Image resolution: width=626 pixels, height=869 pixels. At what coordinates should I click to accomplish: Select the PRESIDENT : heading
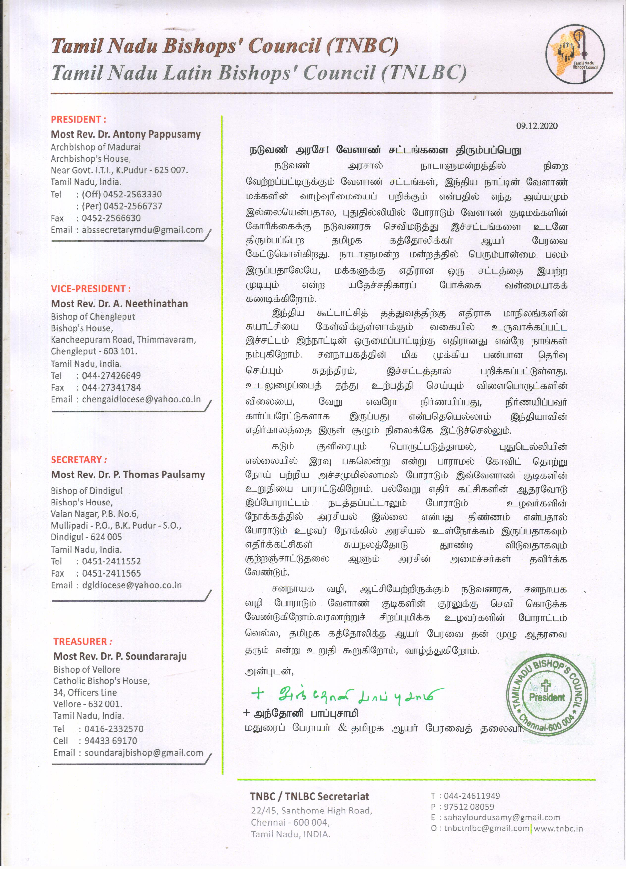[x=78, y=119]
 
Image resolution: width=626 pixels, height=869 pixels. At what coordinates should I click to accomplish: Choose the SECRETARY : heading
[x=79, y=459]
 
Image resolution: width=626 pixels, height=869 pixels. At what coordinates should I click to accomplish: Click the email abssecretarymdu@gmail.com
[x=142, y=230]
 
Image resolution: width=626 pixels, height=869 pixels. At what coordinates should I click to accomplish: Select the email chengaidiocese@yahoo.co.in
[x=141, y=399]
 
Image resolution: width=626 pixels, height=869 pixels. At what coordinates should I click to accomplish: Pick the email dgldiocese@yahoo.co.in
[x=132, y=585]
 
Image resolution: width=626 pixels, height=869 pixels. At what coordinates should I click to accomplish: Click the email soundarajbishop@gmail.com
[x=144, y=753]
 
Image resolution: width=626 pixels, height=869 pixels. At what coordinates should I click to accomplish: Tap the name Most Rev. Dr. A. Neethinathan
[x=119, y=304]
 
